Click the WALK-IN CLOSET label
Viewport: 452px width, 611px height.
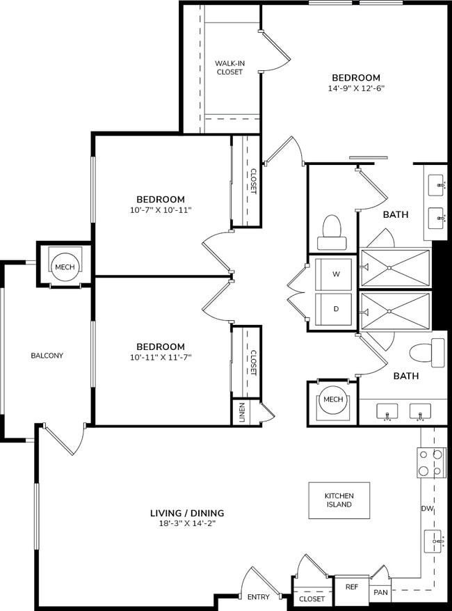229,67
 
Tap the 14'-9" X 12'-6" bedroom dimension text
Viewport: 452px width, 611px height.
355,88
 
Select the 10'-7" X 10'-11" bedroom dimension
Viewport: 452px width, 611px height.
160,209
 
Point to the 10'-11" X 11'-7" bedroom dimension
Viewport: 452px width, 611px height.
160,357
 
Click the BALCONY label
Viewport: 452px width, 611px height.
47,356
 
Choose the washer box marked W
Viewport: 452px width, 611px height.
336,274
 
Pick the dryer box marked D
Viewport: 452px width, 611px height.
336,308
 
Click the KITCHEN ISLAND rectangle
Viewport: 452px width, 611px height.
339,500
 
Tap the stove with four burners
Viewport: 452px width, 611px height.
430,462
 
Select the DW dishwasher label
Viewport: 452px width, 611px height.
427,509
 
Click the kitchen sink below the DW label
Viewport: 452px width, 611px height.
434,540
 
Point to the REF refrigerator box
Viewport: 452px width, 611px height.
351,587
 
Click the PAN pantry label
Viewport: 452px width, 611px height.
380,592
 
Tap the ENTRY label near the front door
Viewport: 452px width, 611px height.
258,597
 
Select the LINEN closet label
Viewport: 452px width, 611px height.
241,412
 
